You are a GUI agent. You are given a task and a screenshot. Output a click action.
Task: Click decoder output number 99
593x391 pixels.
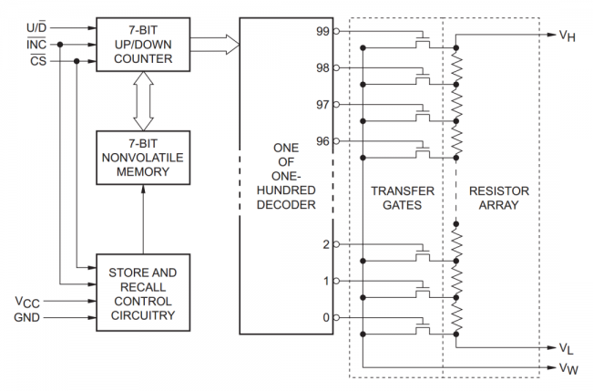click(x=321, y=31)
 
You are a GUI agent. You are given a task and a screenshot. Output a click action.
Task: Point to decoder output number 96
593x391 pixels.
click(x=321, y=141)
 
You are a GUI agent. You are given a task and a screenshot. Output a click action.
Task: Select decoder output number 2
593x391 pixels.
click(x=324, y=244)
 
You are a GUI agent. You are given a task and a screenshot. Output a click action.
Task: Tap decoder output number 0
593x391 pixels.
click(x=324, y=317)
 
